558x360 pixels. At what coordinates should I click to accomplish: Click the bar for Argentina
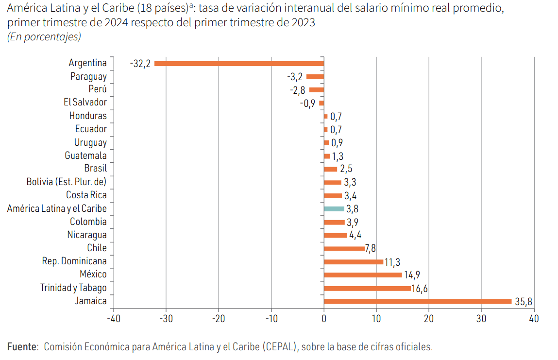click(x=239, y=63)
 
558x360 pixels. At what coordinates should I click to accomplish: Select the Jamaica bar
click(x=418, y=301)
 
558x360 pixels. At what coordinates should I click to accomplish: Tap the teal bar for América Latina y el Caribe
click(x=334, y=209)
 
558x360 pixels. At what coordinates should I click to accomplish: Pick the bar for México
click(x=363, y=275)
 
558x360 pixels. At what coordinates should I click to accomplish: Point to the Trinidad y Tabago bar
click(x=367, y=288)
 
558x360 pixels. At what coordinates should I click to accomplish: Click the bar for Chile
click(x=344, y=248)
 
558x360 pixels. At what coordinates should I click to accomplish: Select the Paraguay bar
click(x=315, y=77)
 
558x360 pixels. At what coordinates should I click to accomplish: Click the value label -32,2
click(x=140, y=64)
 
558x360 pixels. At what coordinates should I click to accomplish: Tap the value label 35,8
click(x=524, y=302)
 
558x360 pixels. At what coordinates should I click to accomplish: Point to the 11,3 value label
click(x=392, y=262)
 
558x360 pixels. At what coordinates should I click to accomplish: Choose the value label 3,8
click(x=353, y=209)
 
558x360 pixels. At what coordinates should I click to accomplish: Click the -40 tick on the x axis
click(x=113, y=319)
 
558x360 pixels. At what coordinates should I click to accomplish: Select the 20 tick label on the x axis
click(x=429, y=319)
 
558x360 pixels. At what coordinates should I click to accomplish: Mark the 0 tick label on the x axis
click(x=324, y=319)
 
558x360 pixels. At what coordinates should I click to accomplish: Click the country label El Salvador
click(x=85, y=103)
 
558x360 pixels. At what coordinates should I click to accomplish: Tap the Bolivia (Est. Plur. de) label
click(x=67, y=182)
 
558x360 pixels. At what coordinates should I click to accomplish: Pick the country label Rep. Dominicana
click(x=74, y=261)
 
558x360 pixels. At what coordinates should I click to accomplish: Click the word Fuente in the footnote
click(x=22, y=347)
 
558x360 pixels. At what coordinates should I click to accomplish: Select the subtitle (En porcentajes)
click(x=44, y=37)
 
